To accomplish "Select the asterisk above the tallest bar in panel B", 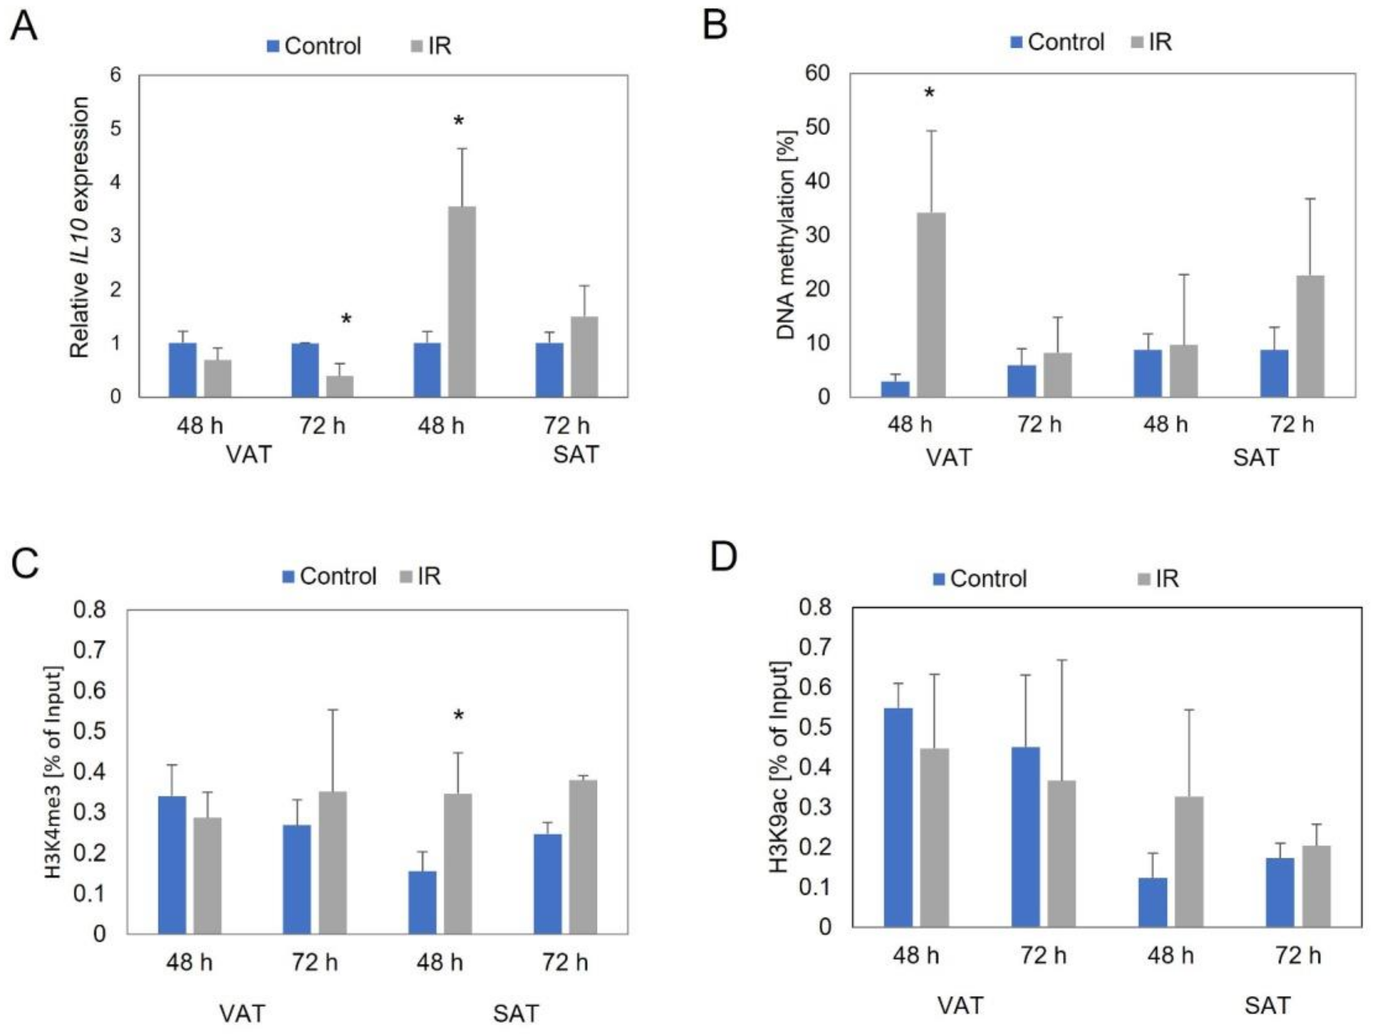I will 929,93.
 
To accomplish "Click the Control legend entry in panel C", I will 330,576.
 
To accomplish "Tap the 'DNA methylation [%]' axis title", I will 786,235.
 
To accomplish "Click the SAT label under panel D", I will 1267,1005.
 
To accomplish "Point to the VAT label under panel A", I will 249,455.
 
